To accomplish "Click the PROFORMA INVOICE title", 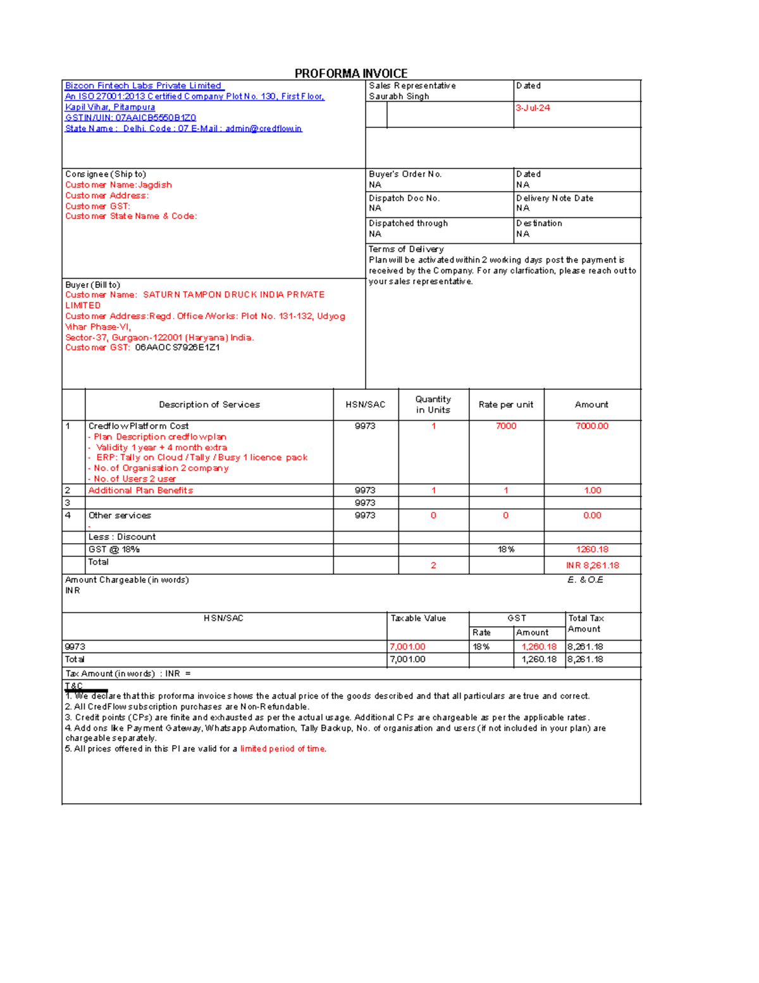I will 351,73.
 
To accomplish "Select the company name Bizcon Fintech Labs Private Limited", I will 144,85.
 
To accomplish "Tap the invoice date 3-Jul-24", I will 533,108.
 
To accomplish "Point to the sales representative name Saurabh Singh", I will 399,96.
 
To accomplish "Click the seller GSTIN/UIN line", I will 130,118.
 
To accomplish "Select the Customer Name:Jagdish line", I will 118,185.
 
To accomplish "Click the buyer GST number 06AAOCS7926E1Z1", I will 177,347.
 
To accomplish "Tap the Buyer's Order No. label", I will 405,174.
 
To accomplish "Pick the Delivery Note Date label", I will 555,198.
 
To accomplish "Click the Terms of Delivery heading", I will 406,249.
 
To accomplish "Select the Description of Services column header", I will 209,404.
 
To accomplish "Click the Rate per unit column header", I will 506,404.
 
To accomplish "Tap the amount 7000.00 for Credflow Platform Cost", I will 592,426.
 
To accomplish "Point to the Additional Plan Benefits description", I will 140,491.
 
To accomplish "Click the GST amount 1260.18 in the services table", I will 592,549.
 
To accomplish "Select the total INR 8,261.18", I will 592,565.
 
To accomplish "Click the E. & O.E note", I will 585,580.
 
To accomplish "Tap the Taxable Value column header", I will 418,618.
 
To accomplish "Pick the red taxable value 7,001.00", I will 408,647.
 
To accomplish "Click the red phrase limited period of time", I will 283,749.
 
